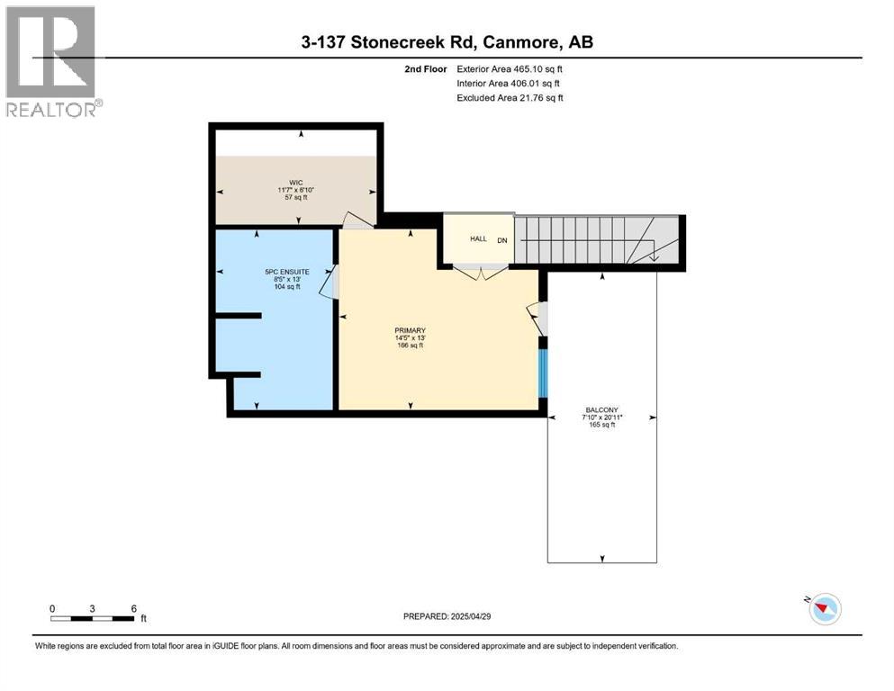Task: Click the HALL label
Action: (477, 238)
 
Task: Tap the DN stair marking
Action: (502, 239)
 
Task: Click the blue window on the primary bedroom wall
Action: (543, 372)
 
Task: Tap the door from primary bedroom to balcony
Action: (537, 317)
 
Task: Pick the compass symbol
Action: (824, 609)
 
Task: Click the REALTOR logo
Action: (51, 61)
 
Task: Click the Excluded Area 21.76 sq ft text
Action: (510, 98)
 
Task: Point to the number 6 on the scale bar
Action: (133, 608)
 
